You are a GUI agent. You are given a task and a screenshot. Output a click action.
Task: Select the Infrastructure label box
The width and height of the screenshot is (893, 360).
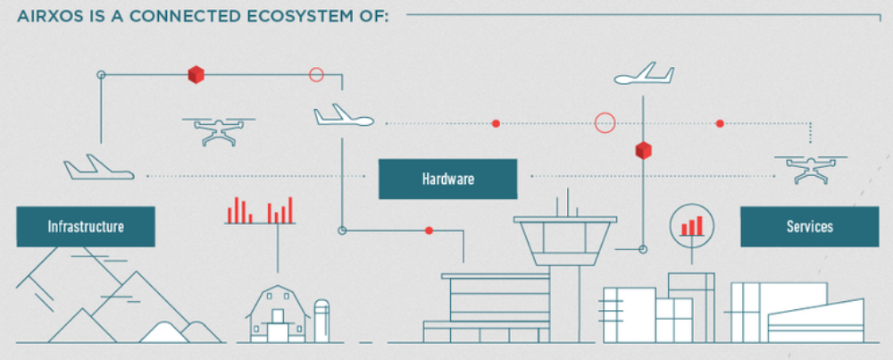(x=86, y=227)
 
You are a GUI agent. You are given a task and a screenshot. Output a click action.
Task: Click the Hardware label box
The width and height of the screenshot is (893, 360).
(x=447, y=179)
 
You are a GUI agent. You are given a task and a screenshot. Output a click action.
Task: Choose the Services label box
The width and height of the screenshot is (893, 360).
(x=809, y=227)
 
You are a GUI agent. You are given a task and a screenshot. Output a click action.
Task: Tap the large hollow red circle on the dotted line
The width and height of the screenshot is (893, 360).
(x=605, y=122)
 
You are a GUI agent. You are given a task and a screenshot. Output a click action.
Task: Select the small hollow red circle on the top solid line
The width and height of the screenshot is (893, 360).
(x=315, y=75)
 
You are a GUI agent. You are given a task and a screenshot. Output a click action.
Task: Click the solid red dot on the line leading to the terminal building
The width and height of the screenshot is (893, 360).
(x=430, y=230)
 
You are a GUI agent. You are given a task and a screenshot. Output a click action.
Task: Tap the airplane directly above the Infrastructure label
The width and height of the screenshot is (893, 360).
(x=98, y=167)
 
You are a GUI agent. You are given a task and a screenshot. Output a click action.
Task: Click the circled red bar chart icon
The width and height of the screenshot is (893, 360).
(x=692, y=223)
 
